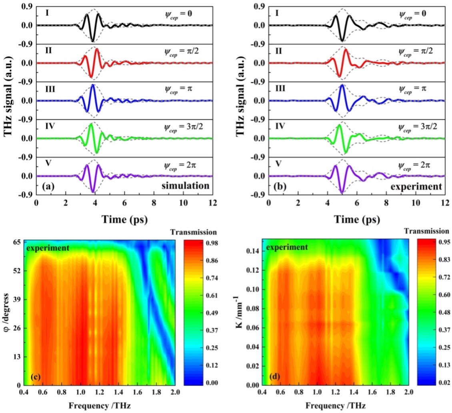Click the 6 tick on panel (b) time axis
[x=357, y=203]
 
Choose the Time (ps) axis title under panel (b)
[x=356, y=220]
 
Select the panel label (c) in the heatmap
[x=36, y=377]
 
